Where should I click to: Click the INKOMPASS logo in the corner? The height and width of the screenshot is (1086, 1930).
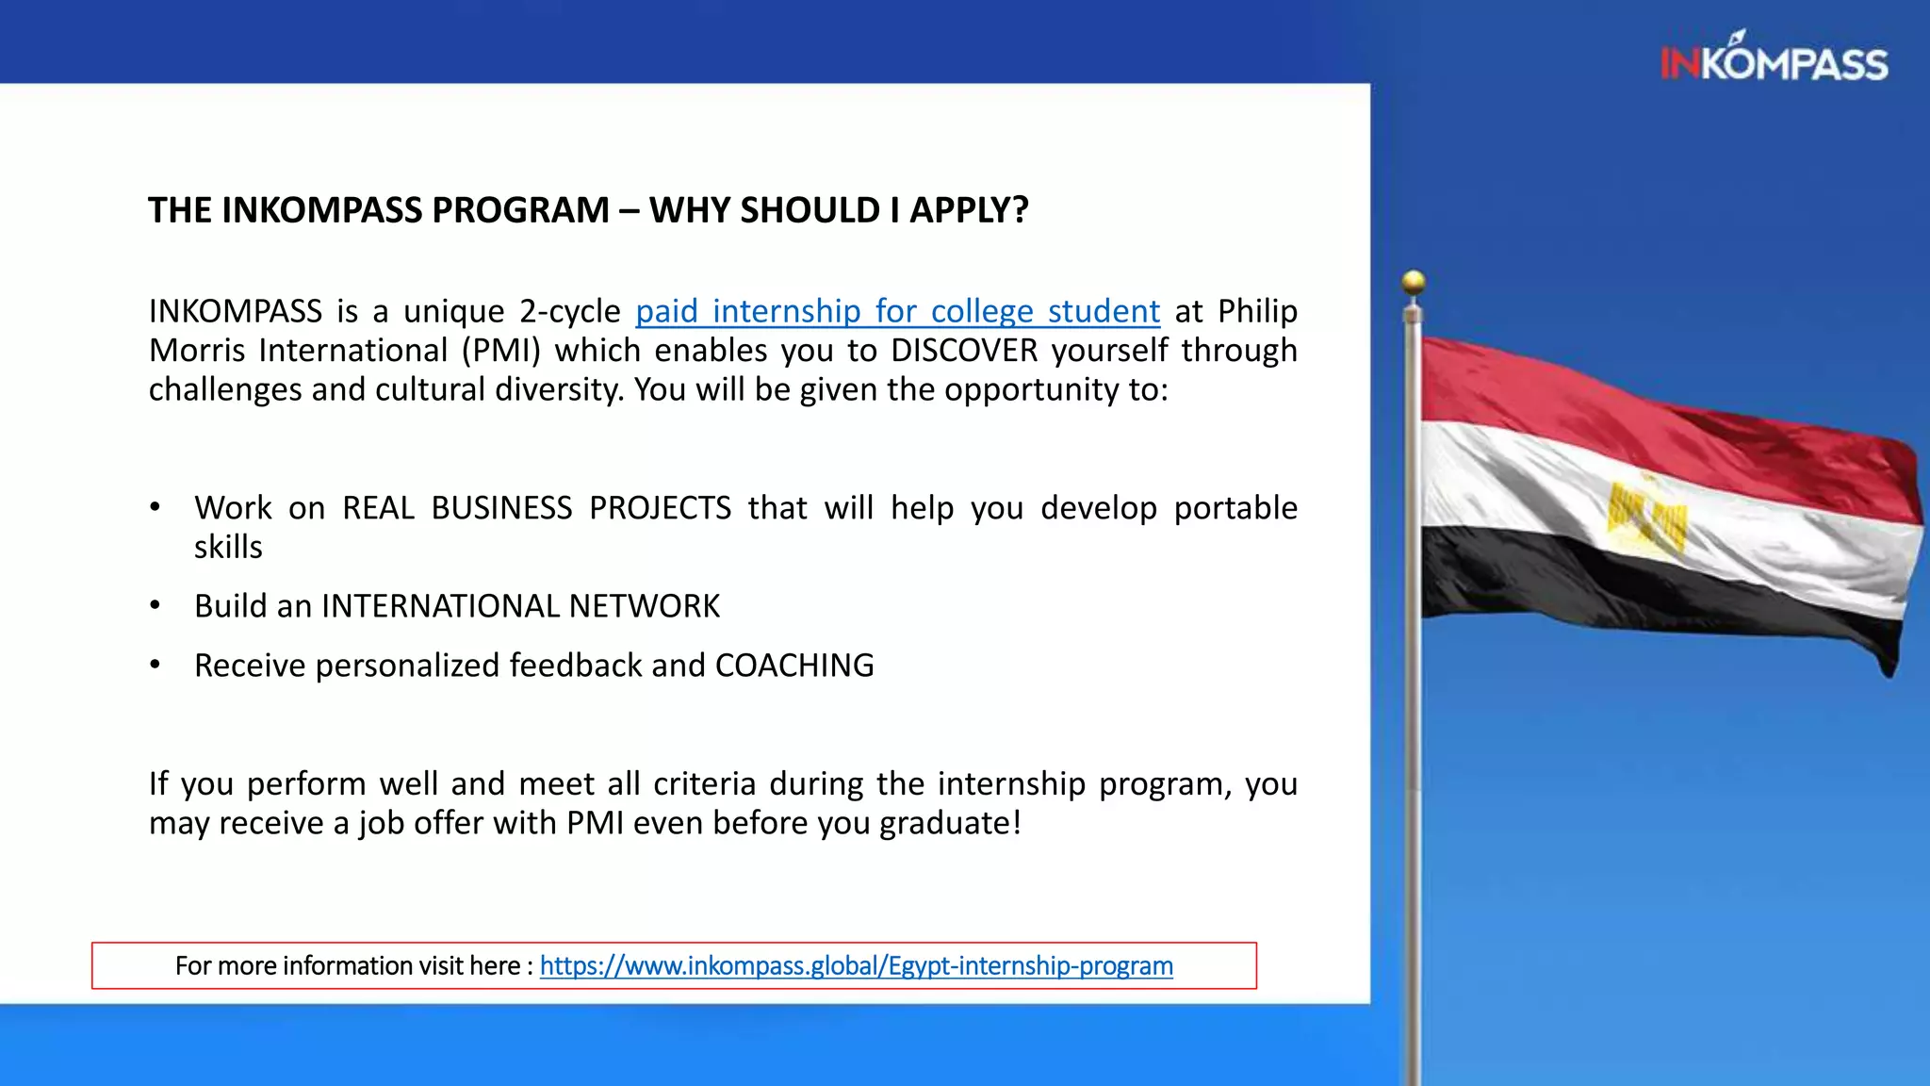click(x=1774, y=61)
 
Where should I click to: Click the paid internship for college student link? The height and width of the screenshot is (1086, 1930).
click(x=897, y=311)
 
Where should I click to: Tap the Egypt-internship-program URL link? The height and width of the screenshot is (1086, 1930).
click(x=856, y=965)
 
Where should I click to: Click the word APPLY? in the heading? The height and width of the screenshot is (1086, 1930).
click(x=969, y=209)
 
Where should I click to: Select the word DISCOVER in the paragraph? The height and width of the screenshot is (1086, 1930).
click(x=964, y=351)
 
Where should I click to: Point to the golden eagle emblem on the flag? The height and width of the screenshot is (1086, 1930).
click(x=1645, y=516)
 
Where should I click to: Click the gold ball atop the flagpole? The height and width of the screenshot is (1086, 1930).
click(x=1413, y=281)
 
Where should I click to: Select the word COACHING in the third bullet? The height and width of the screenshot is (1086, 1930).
click(x=794, y=666)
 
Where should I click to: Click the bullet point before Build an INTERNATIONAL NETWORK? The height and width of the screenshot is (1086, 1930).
click(x=155, y=606)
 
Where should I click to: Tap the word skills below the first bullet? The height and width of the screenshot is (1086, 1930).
click(x=228, y=548)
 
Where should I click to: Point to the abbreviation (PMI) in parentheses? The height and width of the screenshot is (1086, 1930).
click(x=500, y=351)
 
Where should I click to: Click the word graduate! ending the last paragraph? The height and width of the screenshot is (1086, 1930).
click(x=950, y=823)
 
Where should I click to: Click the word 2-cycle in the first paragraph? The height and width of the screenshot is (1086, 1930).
click(x=569, y=311)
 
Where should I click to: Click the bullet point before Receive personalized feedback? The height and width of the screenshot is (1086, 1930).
click(x=155, y=666)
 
